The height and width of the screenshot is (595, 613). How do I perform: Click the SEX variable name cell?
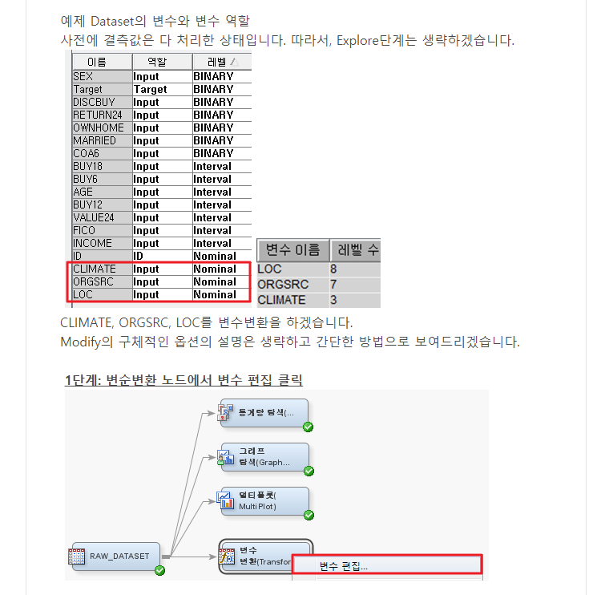(83, 76)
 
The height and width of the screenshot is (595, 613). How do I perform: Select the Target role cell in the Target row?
(151, 89)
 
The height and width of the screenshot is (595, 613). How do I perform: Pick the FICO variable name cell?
(84, 230)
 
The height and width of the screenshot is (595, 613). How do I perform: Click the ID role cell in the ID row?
(139, 256)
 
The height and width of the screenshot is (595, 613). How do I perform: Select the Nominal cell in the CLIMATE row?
(215, 269)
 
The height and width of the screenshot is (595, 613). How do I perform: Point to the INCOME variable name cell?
(92, 243)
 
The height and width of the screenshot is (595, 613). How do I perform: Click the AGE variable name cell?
(83, 192)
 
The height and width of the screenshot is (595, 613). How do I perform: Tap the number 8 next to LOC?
(333, 269)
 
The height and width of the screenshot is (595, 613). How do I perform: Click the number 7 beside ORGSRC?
(333, 285)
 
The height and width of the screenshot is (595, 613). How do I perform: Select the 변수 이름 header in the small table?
(293, 249)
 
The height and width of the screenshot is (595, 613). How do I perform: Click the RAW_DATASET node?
(114, 556)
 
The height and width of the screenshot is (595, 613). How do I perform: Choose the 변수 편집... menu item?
(344, 566)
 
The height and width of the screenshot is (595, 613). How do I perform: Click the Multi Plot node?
(264, 500)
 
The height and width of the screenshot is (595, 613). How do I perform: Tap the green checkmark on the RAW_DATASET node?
(159, 570)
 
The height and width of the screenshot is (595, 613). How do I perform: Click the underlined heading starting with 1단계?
(183, 379)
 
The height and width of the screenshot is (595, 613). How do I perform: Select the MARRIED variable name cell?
(95, 140)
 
